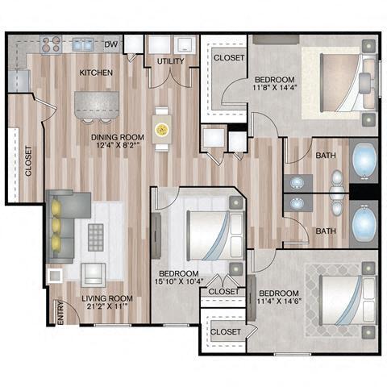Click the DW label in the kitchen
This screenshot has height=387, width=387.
click(112, 44)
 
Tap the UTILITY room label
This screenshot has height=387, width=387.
click(171, 61)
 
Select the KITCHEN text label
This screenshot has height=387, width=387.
click(95, 73)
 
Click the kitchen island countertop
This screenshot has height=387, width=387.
click(95, 104)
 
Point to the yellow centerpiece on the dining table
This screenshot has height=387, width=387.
click(162, 127)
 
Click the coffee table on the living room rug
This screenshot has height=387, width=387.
click(97, 237)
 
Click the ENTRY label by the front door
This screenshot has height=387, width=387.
click(60, 314)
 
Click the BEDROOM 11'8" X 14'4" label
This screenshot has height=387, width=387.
click(274, 85)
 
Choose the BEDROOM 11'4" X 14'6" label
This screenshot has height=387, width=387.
click(278, 298)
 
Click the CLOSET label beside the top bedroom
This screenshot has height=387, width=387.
click(229, 58)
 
